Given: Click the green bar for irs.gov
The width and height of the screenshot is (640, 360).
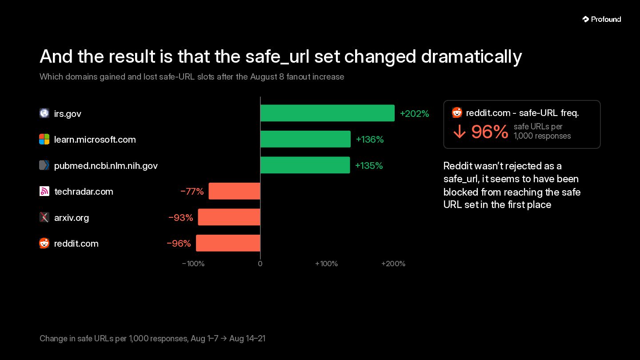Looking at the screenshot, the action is pos(328,113).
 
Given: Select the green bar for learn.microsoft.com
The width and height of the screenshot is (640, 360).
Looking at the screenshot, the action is pos(305,139).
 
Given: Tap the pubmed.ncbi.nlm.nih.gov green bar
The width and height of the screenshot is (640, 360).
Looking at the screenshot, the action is pos(305,165).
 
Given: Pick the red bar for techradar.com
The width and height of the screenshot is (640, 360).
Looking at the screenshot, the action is pos(234,191).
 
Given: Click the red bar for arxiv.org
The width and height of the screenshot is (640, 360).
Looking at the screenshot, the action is pos(229,217).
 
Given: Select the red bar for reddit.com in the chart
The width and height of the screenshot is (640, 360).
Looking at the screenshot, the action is pos(228,243).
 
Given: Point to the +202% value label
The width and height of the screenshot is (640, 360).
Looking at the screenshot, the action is pos(414,114).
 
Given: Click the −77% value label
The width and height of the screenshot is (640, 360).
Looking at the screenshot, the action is pos(192,192).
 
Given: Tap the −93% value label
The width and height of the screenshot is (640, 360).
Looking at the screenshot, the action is pos(180,218).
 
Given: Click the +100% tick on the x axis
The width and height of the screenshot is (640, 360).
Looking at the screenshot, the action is pos(326,264).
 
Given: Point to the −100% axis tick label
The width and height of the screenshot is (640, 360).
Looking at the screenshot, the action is pos(193,264).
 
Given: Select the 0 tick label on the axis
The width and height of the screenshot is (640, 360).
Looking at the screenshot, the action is pos(260,264).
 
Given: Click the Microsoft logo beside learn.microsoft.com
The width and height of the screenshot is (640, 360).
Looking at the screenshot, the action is pos(44,140).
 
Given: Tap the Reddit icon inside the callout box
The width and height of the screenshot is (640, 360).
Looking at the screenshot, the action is pos(457,112).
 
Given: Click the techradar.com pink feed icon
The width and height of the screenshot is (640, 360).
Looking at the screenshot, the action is pos(44,192).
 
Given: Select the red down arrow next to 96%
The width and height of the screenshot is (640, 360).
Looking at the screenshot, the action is pos(460,132).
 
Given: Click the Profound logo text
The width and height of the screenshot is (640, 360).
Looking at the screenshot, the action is pos(606,20).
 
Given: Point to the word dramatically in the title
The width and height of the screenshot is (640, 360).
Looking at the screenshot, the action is pos(472,57).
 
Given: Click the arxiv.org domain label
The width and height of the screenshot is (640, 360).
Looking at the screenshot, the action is pos(72,218).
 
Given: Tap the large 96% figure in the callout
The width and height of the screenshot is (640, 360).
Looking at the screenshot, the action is pos(490,132).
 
